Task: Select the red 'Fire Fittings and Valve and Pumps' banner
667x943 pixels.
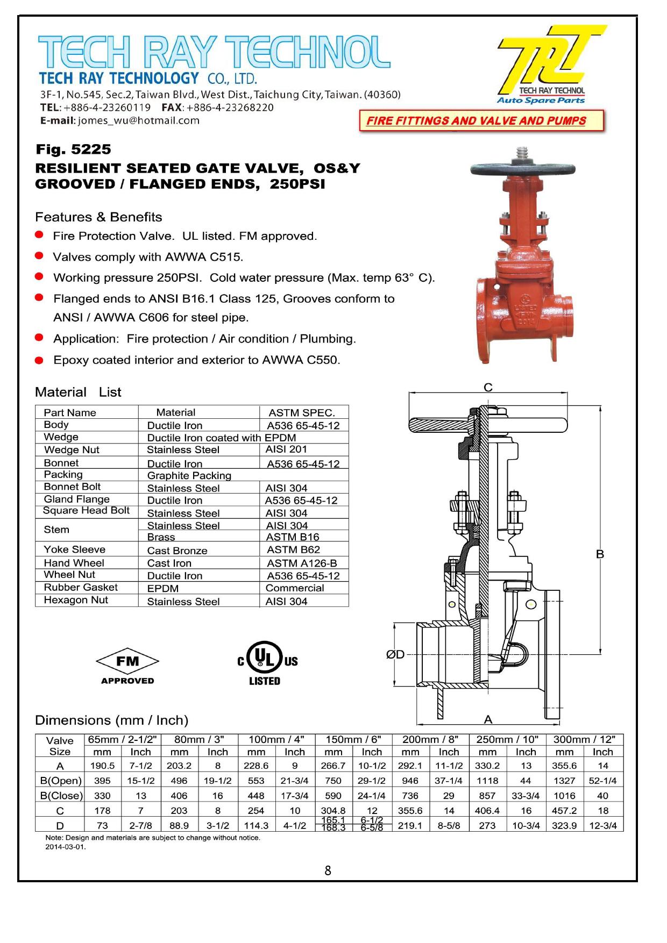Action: [x=481, y=121]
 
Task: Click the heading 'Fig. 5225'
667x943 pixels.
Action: [x=73, y=149]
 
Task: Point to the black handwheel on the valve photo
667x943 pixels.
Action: [x=522, y=169]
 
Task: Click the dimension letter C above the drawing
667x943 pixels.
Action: [x=488, y=388]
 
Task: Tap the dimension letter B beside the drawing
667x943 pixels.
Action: [x=600, y=554]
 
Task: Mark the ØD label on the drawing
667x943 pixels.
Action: [x=395, y=654]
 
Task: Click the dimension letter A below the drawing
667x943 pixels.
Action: [x=488, y=719]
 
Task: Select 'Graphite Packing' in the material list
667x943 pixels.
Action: [x=189, y=475]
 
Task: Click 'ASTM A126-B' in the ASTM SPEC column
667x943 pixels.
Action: [x=302, y=563]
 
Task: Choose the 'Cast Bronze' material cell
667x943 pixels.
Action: [x=177, y=551]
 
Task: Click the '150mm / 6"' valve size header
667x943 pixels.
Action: [x=353, y=739]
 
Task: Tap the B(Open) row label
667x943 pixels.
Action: [x=61, y=781]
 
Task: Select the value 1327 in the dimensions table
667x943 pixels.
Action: [x=564, y=781]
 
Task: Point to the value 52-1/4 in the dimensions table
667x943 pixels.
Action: [x=602, y=781]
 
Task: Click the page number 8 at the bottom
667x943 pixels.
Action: [x=328, y=870]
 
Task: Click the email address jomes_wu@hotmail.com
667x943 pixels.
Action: [x=139, y=120]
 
